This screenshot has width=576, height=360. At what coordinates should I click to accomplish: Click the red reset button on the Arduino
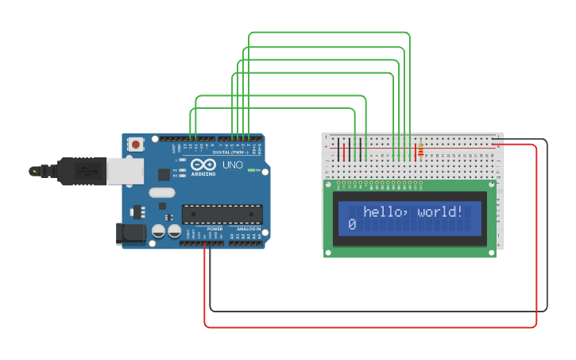click(x=136, y=145)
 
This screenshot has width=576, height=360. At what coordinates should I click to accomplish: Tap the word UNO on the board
click(x=232, y=165)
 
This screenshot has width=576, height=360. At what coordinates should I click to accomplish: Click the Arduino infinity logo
click(x=203, y=165)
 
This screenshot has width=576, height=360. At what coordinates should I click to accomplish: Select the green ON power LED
click(x=252, y=170)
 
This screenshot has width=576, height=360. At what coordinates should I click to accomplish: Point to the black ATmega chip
click(x=222, y=214)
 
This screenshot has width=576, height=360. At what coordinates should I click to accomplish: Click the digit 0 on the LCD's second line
click(x=351, y=226)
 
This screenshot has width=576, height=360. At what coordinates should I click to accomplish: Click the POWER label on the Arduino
click(x=203, y=228)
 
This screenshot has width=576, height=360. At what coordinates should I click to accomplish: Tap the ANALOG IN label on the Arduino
click(x=247, y=228)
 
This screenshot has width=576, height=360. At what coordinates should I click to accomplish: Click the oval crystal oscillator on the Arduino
click(x=161, y=192)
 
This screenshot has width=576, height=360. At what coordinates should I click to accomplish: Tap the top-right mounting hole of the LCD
click(x=492, y=185)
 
